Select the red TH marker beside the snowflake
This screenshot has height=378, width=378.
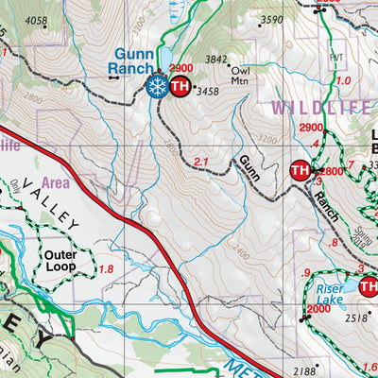pos(180,88)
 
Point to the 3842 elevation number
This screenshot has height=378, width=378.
pos(218,59)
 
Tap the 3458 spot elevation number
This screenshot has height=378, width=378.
pos(207,92)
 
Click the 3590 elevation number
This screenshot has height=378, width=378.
pos(271,20)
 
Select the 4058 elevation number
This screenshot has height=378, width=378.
pos(36,20)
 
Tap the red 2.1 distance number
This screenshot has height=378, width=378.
pos(199,163)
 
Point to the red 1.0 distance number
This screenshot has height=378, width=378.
pos(343,80)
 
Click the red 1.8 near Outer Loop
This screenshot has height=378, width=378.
pos(107,270)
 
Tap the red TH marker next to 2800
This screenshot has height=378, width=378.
pos(300,171)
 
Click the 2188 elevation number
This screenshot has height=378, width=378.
pos(306,371)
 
